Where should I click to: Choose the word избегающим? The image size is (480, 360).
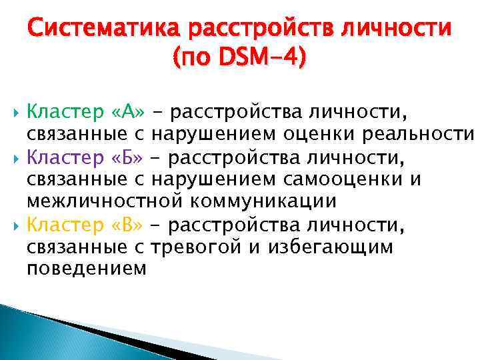point(331,247)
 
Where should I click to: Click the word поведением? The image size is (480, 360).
point(86,268)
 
